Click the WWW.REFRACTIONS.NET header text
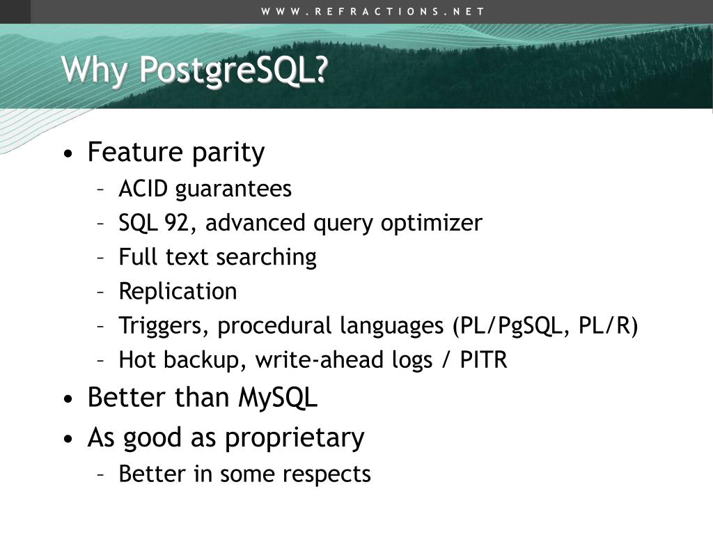coord(373,11)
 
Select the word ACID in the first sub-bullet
coord(144,189)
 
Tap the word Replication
coord(178,291)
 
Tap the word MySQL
coord(278,398)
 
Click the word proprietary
coord(295,438)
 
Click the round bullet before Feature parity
coord(67,154)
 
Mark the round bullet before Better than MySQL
coord(67,399)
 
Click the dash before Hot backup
coord(102,360)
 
